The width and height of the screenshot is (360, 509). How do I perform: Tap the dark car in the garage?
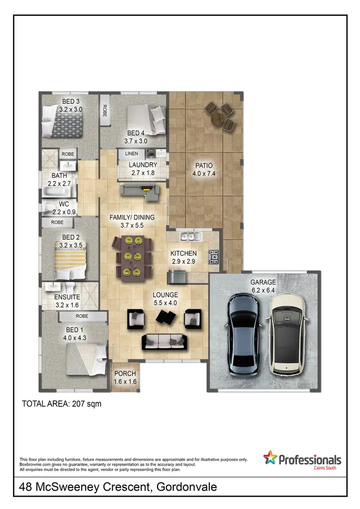tap(244, 334)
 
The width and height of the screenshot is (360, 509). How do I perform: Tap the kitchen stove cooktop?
tap(214, 257)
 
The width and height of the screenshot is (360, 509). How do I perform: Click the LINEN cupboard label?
tap(132, 154)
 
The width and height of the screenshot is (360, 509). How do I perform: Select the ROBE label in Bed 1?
tap(82, 317)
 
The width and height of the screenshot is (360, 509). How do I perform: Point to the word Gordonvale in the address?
tap(187, 487)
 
